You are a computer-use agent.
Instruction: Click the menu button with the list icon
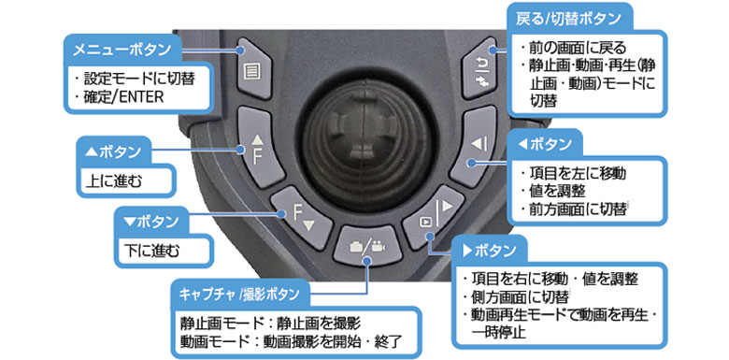[254, 69]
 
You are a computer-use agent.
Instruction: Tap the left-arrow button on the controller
[474, 147]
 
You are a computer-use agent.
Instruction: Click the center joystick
[367, 139]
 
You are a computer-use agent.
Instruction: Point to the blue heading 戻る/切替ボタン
[567, 19]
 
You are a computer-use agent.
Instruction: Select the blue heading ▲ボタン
[113, 152]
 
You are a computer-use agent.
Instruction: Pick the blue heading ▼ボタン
[151, 222]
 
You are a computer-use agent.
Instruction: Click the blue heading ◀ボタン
[544, 145]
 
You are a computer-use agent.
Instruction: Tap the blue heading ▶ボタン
[490, 251]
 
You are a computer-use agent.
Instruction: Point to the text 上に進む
[114, 180]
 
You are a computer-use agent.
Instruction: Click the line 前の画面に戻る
[573, 48]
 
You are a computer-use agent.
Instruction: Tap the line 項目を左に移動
[573, 174]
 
